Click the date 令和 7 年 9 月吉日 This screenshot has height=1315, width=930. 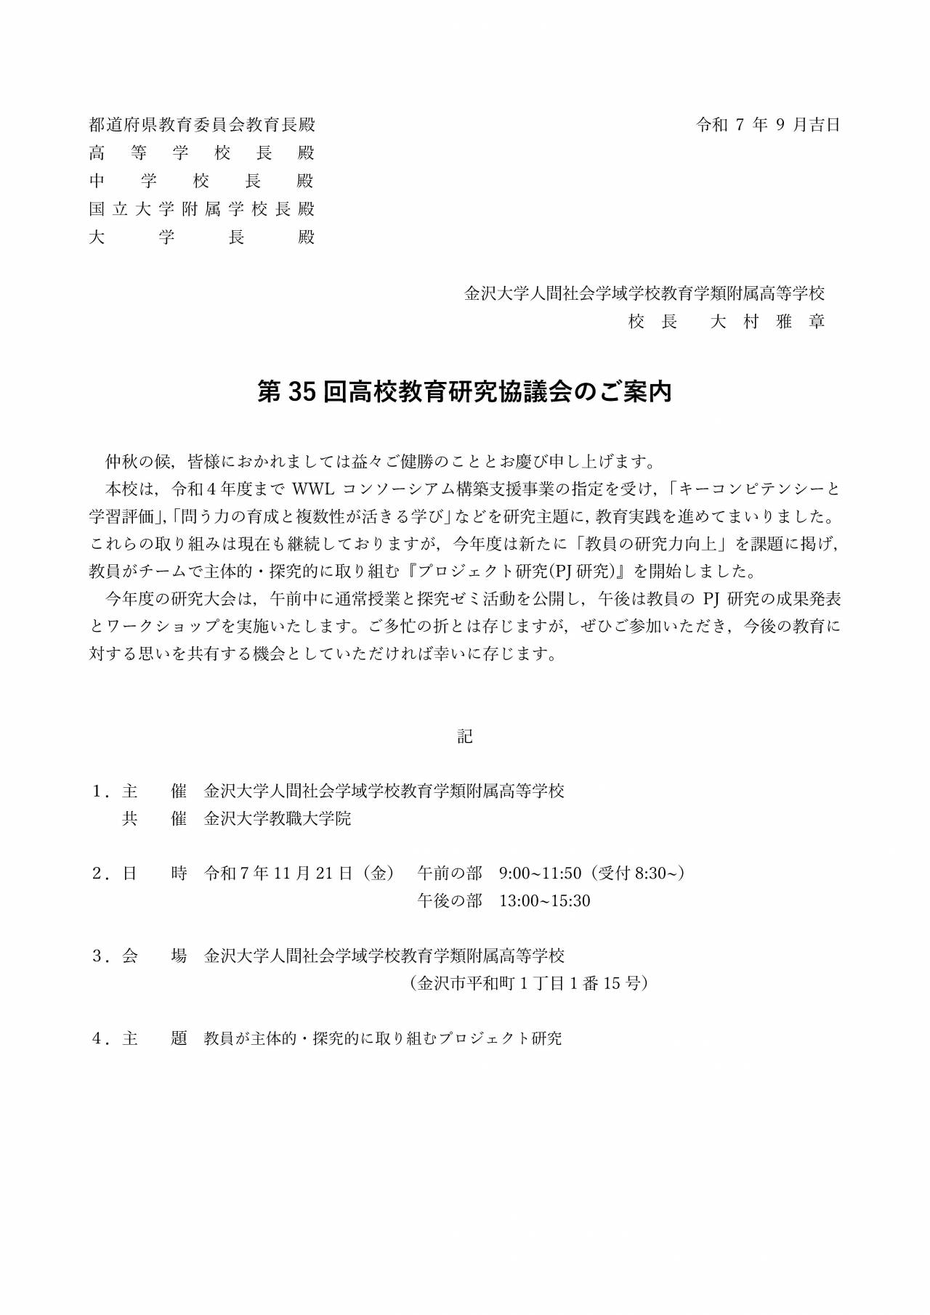768,125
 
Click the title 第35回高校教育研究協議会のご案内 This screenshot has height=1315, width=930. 465,392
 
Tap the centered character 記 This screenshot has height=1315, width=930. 465,736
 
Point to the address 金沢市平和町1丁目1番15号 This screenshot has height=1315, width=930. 528,983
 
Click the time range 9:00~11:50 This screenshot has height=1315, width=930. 540,873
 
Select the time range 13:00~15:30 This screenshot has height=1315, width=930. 544,901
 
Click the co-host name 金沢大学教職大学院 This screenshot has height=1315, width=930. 278,818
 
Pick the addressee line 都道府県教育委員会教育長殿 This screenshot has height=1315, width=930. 202,125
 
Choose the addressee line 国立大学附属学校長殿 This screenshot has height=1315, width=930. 202,209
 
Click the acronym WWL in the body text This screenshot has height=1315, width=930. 312,488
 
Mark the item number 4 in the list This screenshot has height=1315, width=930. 97,1038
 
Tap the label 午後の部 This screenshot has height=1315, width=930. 450,901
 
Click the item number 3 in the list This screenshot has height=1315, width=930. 97,956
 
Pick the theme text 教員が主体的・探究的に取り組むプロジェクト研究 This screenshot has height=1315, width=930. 383,1038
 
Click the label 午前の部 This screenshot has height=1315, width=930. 450,873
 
